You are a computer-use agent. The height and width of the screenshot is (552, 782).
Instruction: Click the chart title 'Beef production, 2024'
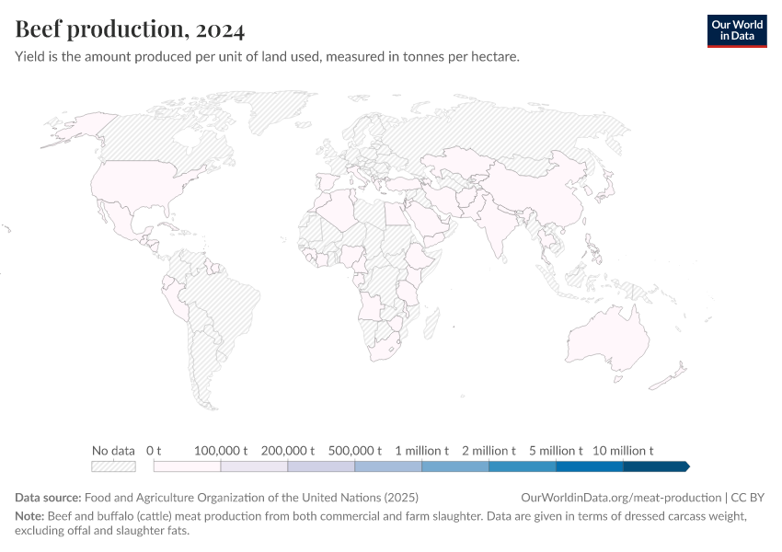(x=130, y=29)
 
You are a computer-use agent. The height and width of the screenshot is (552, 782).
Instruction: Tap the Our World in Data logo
(x=736, y=30)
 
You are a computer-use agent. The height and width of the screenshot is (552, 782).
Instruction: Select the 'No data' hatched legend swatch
(x=113, y=466)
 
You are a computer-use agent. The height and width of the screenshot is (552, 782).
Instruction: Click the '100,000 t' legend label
(x=221, y=451)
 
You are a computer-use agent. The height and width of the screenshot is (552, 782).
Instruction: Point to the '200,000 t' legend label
(x=288, y=451)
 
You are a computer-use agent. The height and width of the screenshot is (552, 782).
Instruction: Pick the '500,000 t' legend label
(x=354, y=451)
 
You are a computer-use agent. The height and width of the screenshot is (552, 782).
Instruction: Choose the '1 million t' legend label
(x=421, y=451)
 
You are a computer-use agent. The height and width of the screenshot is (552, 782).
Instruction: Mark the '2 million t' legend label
(x=489, y=451)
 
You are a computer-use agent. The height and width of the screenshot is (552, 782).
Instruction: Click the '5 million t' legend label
(x=556, y=451)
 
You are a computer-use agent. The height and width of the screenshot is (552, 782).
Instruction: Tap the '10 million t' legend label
(x=623, y=451)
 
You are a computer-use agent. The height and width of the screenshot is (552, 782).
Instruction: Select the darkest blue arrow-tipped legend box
(x=656, y=466)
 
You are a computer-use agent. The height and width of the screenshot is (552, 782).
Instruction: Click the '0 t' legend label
(x=154, y=451)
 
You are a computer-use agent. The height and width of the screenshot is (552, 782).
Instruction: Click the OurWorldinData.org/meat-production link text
(x=622, y=498)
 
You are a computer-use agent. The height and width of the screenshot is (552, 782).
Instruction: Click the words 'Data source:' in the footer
(x=48, y=498)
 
